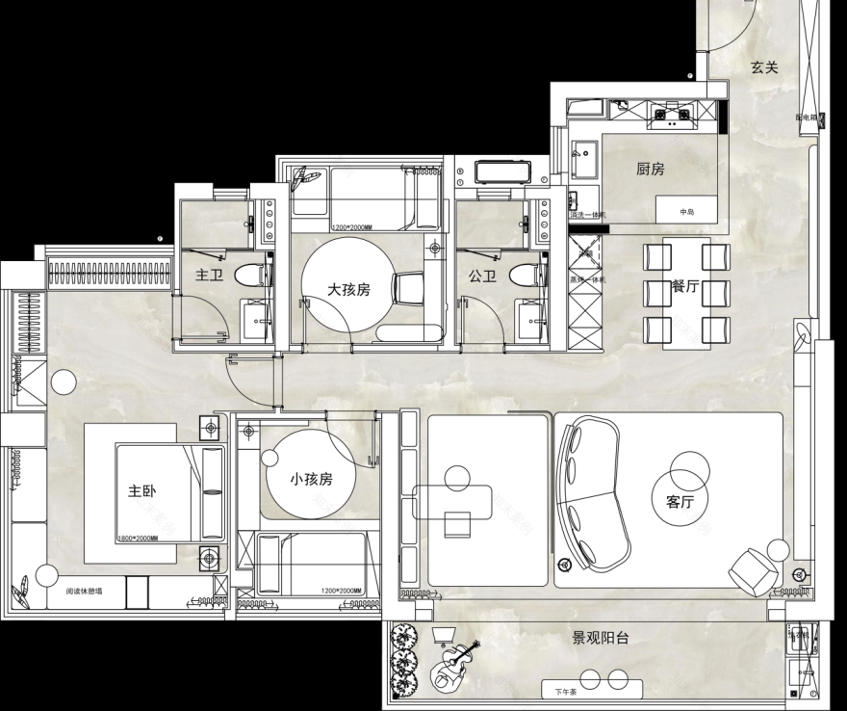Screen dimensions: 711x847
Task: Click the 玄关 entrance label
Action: point(764,67)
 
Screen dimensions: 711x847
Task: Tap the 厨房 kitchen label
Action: point(651,170)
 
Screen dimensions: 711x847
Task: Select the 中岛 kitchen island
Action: point(686,211)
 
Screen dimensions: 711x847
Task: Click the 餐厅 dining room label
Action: point(686,286)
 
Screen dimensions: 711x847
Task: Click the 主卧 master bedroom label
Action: point(141,490)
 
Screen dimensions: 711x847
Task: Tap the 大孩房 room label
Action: point(347,289)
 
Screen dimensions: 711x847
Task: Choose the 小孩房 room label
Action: point(311,479)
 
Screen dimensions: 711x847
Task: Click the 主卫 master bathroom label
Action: point(209,276)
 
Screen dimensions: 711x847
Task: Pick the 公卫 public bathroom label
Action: point(482,276)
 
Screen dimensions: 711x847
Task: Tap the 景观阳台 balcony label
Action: point(601,638)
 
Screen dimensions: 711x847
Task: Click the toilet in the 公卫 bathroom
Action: point(524,276)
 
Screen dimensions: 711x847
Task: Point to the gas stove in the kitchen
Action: point(674,118)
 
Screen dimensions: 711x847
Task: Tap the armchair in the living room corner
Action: point(754,571)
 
